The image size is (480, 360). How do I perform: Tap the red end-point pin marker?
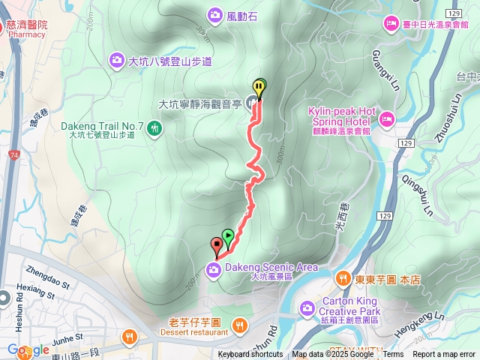[x=217, y=244]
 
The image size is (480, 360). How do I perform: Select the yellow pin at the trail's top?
[x=259, y=87]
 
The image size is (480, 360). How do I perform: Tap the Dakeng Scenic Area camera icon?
[x=215, y=270]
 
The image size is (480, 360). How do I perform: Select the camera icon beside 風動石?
[x=215, y=14]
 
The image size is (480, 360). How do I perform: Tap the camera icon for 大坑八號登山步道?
[x=117, y=59]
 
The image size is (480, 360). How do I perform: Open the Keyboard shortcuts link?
[x=250, y=355]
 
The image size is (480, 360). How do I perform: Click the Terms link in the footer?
[x=393, y=355]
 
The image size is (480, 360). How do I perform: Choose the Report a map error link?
[x=444, y=355]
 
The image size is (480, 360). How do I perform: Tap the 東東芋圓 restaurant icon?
[x=343, y=279]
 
